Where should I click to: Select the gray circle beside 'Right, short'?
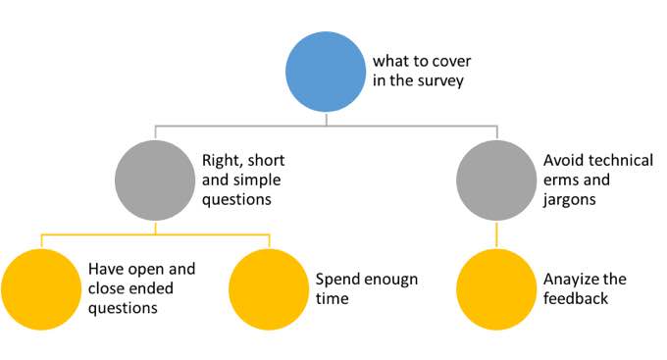(154, 180)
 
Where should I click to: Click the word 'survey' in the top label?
(438, 81)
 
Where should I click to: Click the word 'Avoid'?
(564, 161)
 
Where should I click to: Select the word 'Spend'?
(336, 279)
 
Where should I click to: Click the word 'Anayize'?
(572, 279)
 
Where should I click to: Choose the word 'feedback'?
(577, 297)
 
